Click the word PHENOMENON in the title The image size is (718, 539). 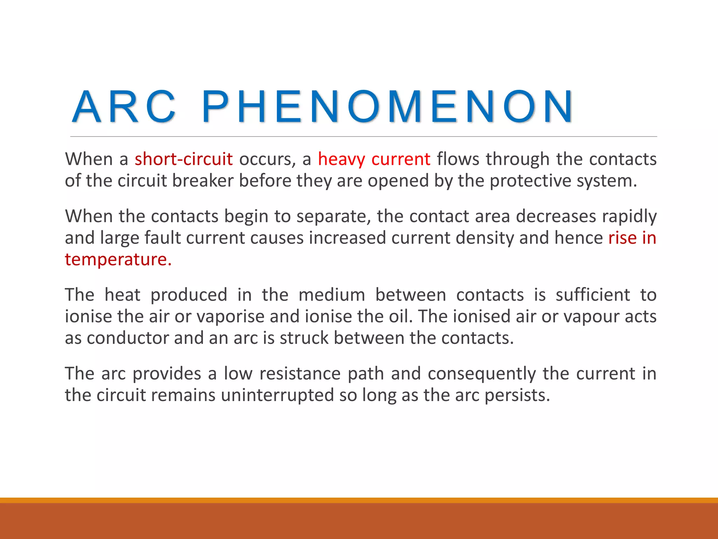pyautogui.click(x=387, y=107)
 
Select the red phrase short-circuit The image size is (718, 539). pyautogui.click(x=184, y=159)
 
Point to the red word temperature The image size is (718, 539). pyautogui.click(x=118, y=260)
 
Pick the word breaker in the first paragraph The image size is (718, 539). pyautogui.click(x=203, y=181)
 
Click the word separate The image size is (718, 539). pyautogui.click(x=333, y=217)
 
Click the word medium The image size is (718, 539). pyautogui.click(x=332, y=295)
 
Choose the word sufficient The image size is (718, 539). pyautogui.click(x=593, y=295)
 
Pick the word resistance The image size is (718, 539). pyautogui.click(x=300, y=373)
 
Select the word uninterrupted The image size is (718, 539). pyautogui.click(x=277, y=395)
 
